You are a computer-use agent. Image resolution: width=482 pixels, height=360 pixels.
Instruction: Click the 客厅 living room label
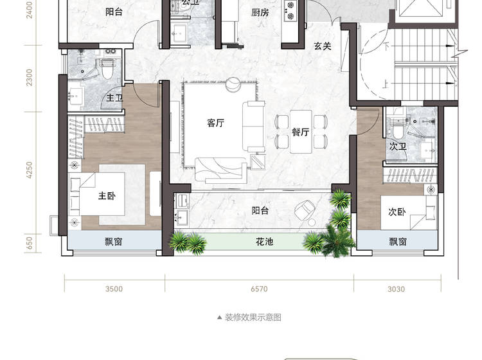(215, 123)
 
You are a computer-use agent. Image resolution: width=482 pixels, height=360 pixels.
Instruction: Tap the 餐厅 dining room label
(300, 132)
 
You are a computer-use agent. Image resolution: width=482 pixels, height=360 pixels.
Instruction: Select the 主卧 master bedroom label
(107, 195)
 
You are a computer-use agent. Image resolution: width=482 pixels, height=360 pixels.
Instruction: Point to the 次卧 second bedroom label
(397, 212)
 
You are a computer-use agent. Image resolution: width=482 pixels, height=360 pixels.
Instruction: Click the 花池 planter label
(264, 242)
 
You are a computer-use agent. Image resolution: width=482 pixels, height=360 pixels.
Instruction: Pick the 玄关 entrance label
(323, 46)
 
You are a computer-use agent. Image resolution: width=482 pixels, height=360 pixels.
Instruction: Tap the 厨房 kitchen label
(260, 12)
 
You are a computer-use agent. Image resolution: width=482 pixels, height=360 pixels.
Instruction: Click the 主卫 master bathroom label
(114, 98)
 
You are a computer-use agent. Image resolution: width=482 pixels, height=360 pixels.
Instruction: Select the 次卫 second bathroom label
(398, 147)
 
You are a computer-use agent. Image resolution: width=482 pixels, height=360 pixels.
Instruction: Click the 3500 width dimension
(114, 289)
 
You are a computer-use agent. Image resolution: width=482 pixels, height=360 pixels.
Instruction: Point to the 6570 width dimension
(259, 289)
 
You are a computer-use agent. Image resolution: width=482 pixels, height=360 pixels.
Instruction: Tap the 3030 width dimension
(397, 289)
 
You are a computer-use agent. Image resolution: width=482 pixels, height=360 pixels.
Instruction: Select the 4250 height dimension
(29, 170)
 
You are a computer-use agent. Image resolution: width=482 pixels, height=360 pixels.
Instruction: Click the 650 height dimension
(29, 243)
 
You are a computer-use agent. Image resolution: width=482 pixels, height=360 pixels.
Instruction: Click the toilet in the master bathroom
(107, 70)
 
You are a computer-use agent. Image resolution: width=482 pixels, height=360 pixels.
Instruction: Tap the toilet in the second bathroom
(398, 130)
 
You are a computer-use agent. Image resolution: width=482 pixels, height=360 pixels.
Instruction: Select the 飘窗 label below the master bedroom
(113, 242)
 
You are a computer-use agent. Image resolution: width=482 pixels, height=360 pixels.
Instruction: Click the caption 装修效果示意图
(253, 318)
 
